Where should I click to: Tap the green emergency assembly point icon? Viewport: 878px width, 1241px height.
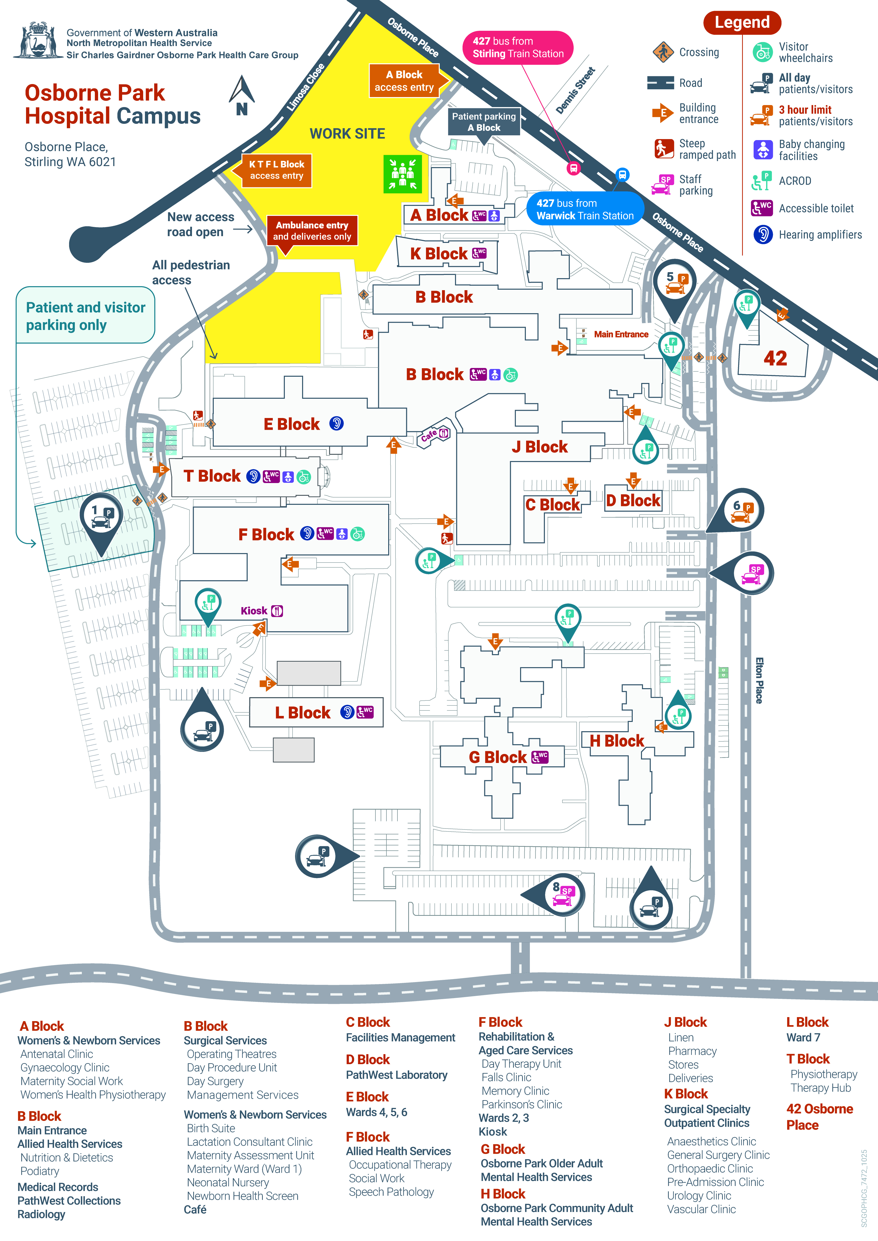pyautogui.click(x=402, y=174)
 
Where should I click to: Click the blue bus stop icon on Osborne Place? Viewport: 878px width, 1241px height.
pyautogui.click(x=622, y=175)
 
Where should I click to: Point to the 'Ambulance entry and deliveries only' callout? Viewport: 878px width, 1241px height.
pyautogui.click(x=312, y=231)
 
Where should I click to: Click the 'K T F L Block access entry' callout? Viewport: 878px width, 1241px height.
pyautogui.click(x=276, y=170)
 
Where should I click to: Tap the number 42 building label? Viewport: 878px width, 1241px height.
pyautogui.click(x=775, y=358)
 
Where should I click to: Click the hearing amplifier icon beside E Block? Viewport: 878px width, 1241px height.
pyautogui.click(x=336, y=423)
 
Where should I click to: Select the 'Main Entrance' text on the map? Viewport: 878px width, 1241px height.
pyautogui.click(x=621, y=334)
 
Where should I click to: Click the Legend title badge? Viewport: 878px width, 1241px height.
pyautogui.click(x=742, y=23)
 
